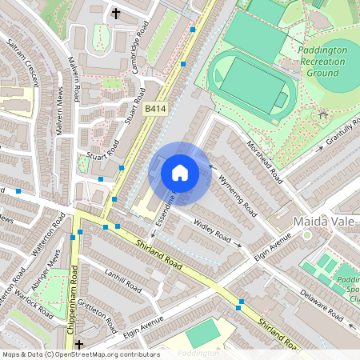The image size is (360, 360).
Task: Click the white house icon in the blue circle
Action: tap(180, 172)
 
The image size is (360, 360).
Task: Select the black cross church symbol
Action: tap(116, 13)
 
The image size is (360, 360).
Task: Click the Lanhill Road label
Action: tap(123, 280)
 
